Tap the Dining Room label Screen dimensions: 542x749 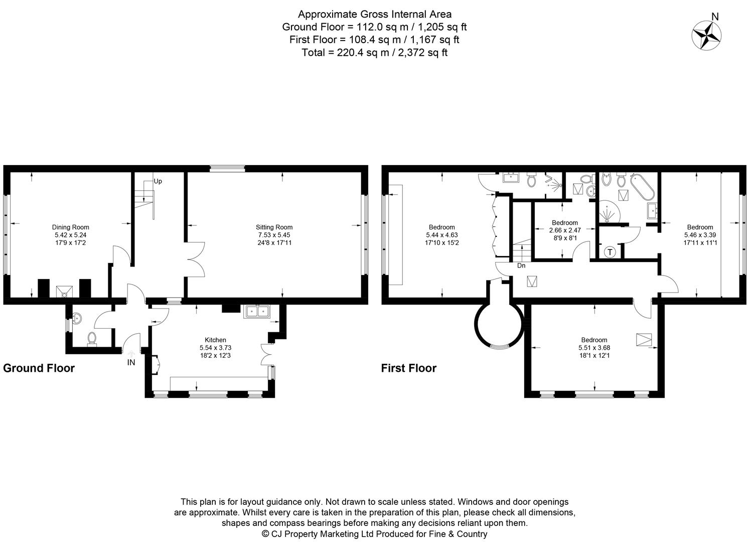[71, 227]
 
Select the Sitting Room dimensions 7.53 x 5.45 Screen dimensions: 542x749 [274, 235]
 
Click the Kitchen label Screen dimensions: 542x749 [215, 340]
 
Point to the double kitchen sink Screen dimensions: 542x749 [257, 311]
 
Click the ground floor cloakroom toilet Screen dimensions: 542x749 [92, 339]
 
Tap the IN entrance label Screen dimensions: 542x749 [131, 362]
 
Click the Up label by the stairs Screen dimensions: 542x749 [158, 181]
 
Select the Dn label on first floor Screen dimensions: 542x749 [521, 266]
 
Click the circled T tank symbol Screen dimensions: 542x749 [610, 252]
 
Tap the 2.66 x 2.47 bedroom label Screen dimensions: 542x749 [564, 230]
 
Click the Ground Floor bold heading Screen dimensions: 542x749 [39, 368]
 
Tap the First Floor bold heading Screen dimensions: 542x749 [408, 368]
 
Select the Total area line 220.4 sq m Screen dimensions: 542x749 [374, 52]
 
